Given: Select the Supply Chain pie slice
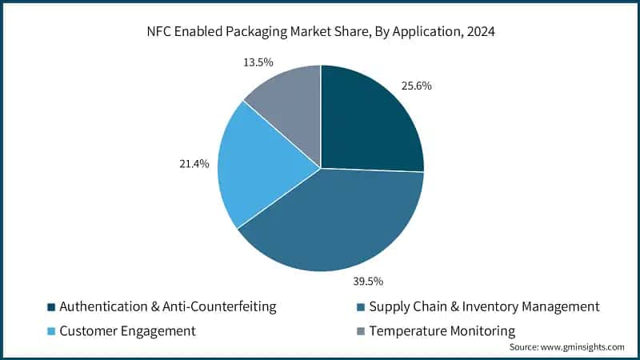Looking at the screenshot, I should pos(336,224).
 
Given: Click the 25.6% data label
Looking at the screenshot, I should pos(417,86).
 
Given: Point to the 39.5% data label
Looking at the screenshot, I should pos(367,281).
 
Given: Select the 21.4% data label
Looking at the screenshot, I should pos(194,164).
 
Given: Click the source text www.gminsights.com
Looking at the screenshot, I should pos(583,347).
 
